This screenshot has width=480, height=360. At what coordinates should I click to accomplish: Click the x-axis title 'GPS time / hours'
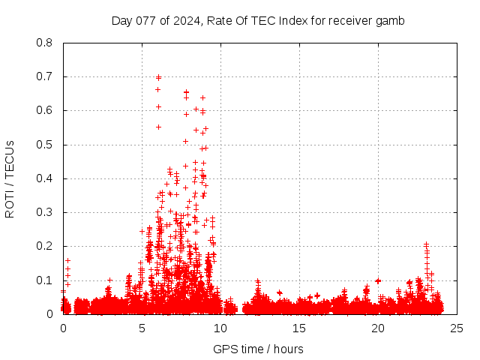coord(258,349)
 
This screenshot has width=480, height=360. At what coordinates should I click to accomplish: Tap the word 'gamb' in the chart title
coord(390,21)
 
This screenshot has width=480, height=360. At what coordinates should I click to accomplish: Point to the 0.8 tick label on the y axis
coord(44,43)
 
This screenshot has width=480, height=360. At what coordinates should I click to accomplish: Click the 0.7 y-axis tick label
coord(44,76)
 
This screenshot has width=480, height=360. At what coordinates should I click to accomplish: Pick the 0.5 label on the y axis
coord(44,144)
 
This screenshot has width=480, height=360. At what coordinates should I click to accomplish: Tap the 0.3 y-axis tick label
coord(44,212)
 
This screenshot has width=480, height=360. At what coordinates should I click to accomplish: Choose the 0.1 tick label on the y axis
coord(44,280)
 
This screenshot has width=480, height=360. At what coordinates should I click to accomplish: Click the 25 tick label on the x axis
coord(456,328)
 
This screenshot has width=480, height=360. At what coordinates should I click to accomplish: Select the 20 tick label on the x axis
coord(377,328)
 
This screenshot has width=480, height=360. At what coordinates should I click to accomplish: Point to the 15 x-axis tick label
coord(299,328)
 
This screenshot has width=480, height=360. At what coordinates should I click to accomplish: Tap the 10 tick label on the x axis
coord(220,328)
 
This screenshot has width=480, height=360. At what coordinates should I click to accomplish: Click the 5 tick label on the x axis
coord(142,328)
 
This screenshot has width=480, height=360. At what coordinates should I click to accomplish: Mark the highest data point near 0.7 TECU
coord(158,76)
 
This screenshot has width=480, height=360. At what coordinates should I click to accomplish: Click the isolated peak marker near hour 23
coord(426,244)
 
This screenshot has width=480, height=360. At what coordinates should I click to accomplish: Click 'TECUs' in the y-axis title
coord(10,158)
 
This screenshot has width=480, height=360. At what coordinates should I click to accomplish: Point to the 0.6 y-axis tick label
coord(44,110)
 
